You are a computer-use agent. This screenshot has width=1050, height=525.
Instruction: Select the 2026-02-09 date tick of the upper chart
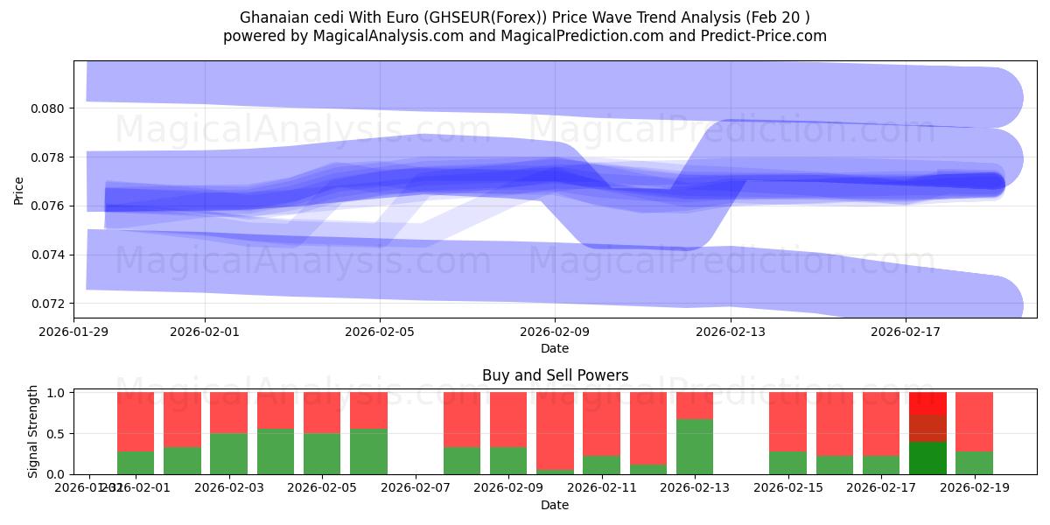coord(555,332)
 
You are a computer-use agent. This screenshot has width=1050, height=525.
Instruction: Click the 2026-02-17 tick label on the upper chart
coord(905,332)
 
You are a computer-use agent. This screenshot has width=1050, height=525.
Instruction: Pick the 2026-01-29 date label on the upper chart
coord(73,332)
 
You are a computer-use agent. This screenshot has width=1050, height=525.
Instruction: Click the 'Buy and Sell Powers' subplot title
coord(555,375)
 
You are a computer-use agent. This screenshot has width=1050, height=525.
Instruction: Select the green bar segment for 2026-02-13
coord(695,447)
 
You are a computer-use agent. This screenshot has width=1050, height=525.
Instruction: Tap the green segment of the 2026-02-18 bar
coord(927,458)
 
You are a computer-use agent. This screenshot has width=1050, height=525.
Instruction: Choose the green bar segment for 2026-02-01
coord(136,463)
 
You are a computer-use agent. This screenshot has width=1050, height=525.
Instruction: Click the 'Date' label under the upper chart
coord(555,348)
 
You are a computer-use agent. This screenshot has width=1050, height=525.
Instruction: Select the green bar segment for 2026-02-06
coord(368,451)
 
